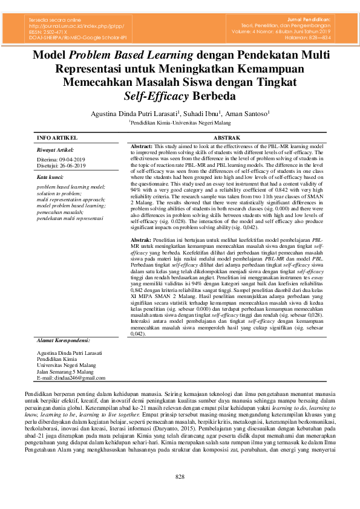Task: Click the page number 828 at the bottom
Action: point(180,476)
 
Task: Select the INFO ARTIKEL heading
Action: point(57,138)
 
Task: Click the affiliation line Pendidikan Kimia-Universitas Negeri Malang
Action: point(181,122)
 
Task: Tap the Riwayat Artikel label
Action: point(55,149)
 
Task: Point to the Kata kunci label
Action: point(51,177)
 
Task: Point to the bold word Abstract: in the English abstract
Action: point(142,146)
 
